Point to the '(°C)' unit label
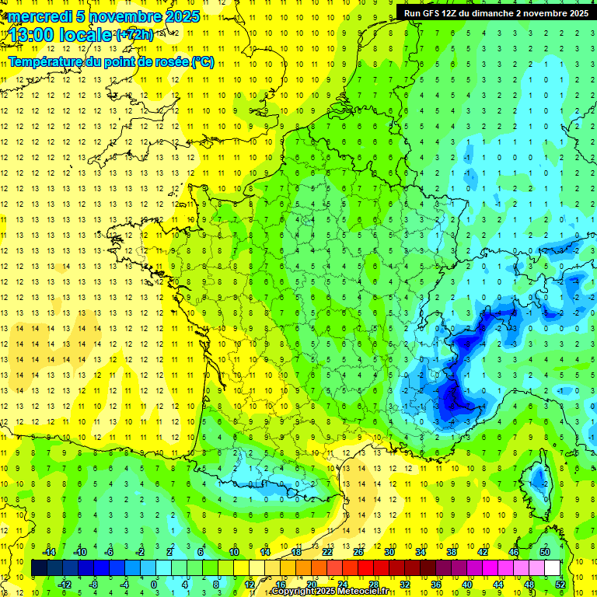coord(202,61)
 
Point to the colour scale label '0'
coord(154,585)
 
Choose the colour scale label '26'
coord(358,552)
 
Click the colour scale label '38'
coord(451,552)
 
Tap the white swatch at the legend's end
coord(553,568)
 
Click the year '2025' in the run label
coord(578,13)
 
